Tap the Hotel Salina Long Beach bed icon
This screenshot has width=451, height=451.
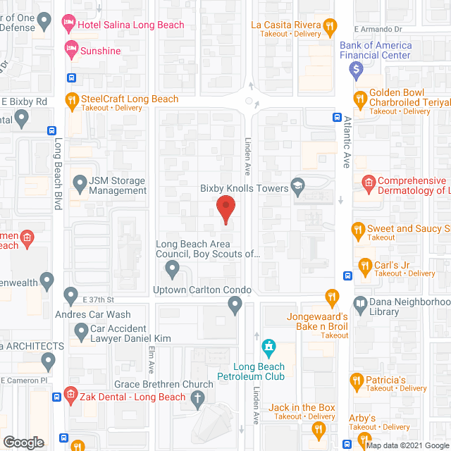(69, 25)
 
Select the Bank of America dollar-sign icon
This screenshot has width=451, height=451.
(357, 69)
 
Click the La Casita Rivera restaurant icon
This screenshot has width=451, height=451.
(329, 28)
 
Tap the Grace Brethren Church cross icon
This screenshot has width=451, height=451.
(199, 397)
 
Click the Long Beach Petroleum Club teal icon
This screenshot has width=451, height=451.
(268, 347)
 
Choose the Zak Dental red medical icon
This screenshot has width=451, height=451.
(70, 394)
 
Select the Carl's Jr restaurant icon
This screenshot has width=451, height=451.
(365, 266)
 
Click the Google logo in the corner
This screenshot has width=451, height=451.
(23, 443)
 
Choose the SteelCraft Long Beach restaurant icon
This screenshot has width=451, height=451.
(70, 100)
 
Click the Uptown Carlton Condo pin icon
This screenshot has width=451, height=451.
(235, 304)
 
